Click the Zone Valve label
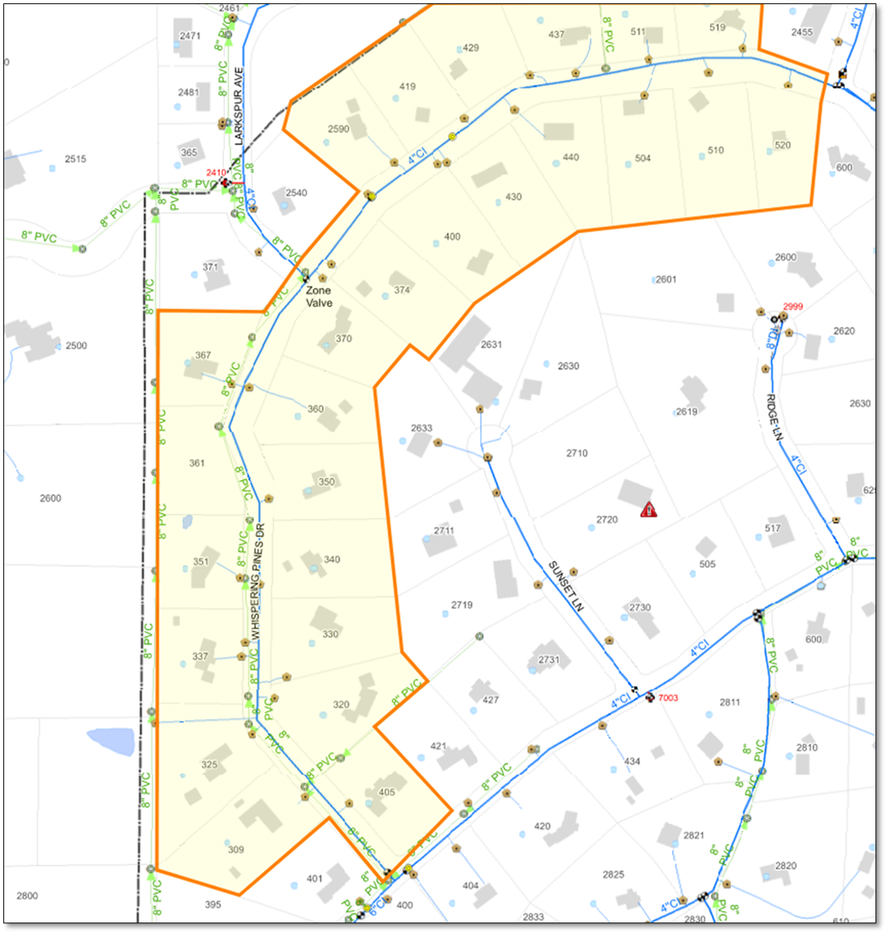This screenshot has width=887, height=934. pyautogui.click(x=319, y=297)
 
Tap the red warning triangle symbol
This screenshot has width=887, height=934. pyautogui.click(x=649, y=510)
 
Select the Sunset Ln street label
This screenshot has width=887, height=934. pyautogui.click(x=566, y=586)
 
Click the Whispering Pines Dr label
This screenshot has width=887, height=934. pyautogui.click(x=257, y=580)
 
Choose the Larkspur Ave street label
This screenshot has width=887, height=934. pyautogui.click(x=238, y=106)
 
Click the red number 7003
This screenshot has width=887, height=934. pyautogui.click(x=669, y=698)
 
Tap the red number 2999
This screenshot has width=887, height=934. pyautogui.click(x=793, y=306)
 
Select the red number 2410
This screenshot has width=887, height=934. pyautogui.click(x=216, y=173)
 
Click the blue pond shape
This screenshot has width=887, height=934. pyautogui.click(x=110, y=741)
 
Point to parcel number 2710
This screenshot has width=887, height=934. pyautogui.click(x=576, y=453)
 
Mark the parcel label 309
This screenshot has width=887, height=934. pyautogui.click(x=236, y=849)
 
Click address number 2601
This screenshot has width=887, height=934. pyautogui.click(x=666, y=280)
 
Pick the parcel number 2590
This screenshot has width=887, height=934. pyautogui.click(x=338, y=129)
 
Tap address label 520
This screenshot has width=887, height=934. pyautogui.click(x=782, y=145)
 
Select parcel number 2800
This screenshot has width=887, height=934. pyautogui.click(x=27, y=896)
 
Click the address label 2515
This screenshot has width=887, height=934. pyautogui.click(x=76, y=159)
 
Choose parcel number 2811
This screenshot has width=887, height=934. pyautogui.click(x=730, y=702)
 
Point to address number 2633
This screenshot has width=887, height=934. pyautogui.click(x=421, y=428)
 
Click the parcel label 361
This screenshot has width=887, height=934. pyautogui.click(x=197, y=463)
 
